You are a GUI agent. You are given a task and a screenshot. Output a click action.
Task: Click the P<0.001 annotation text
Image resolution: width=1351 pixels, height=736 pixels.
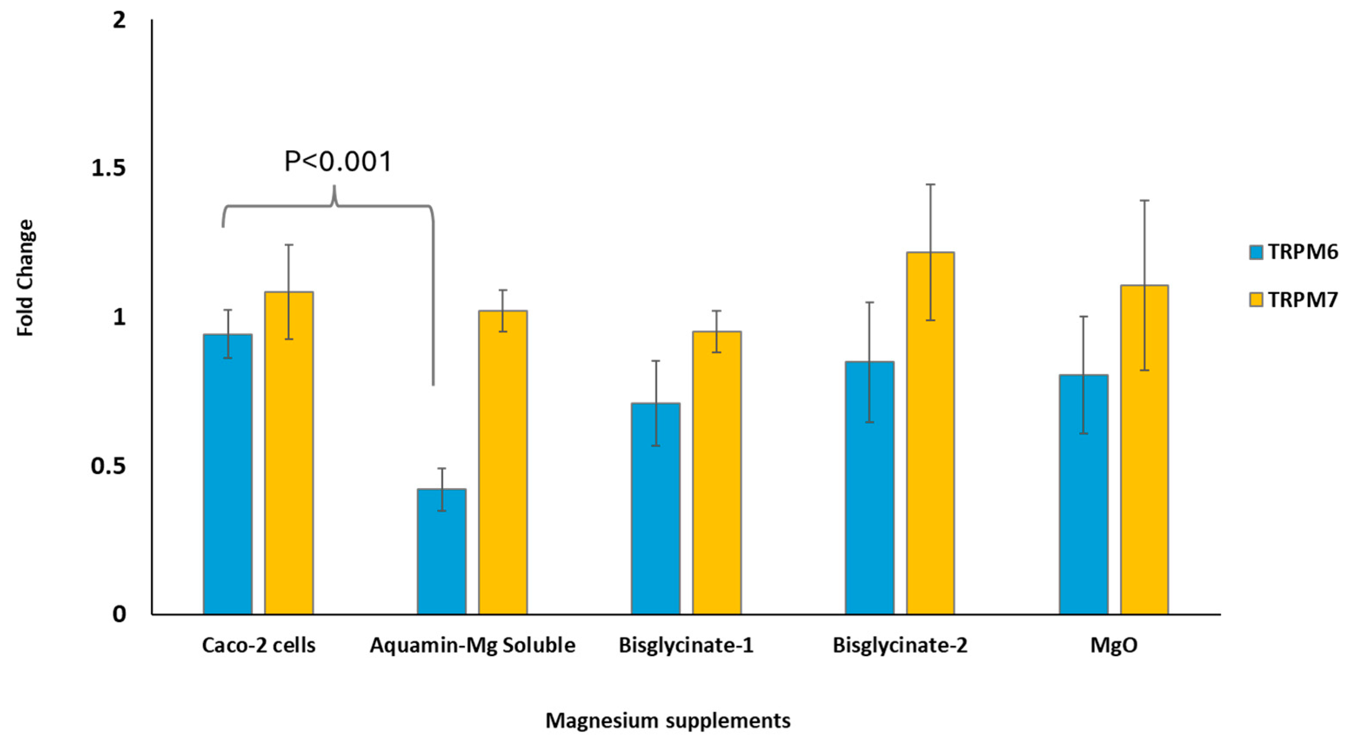click(338, 161)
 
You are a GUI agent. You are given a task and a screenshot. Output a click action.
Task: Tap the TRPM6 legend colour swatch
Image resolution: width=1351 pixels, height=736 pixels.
click(1256, 253)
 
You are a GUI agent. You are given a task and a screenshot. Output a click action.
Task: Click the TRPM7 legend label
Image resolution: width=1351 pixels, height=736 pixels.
click(1303, 300)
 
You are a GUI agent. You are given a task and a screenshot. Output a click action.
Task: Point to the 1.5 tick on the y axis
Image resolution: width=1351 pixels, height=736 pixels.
click(109, 168)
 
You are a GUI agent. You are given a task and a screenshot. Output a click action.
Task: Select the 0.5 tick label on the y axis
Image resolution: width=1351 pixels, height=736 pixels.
click(109, 466)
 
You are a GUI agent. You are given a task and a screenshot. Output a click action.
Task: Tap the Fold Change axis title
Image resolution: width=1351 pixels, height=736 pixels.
click(25, 278)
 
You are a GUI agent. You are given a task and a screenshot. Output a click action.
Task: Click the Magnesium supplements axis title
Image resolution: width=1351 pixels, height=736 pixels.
click(667, 721)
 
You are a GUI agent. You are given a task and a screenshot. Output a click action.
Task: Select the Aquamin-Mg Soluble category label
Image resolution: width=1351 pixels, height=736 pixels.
click(472, 645)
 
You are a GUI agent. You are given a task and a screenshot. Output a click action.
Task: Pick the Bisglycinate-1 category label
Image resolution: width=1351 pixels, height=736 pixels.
click(686, 645)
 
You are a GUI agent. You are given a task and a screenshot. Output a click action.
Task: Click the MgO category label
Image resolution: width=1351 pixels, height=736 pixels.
click(1114, 645)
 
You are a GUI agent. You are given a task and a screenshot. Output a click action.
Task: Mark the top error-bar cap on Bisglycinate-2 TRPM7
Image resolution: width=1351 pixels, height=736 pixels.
click(931, 184)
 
